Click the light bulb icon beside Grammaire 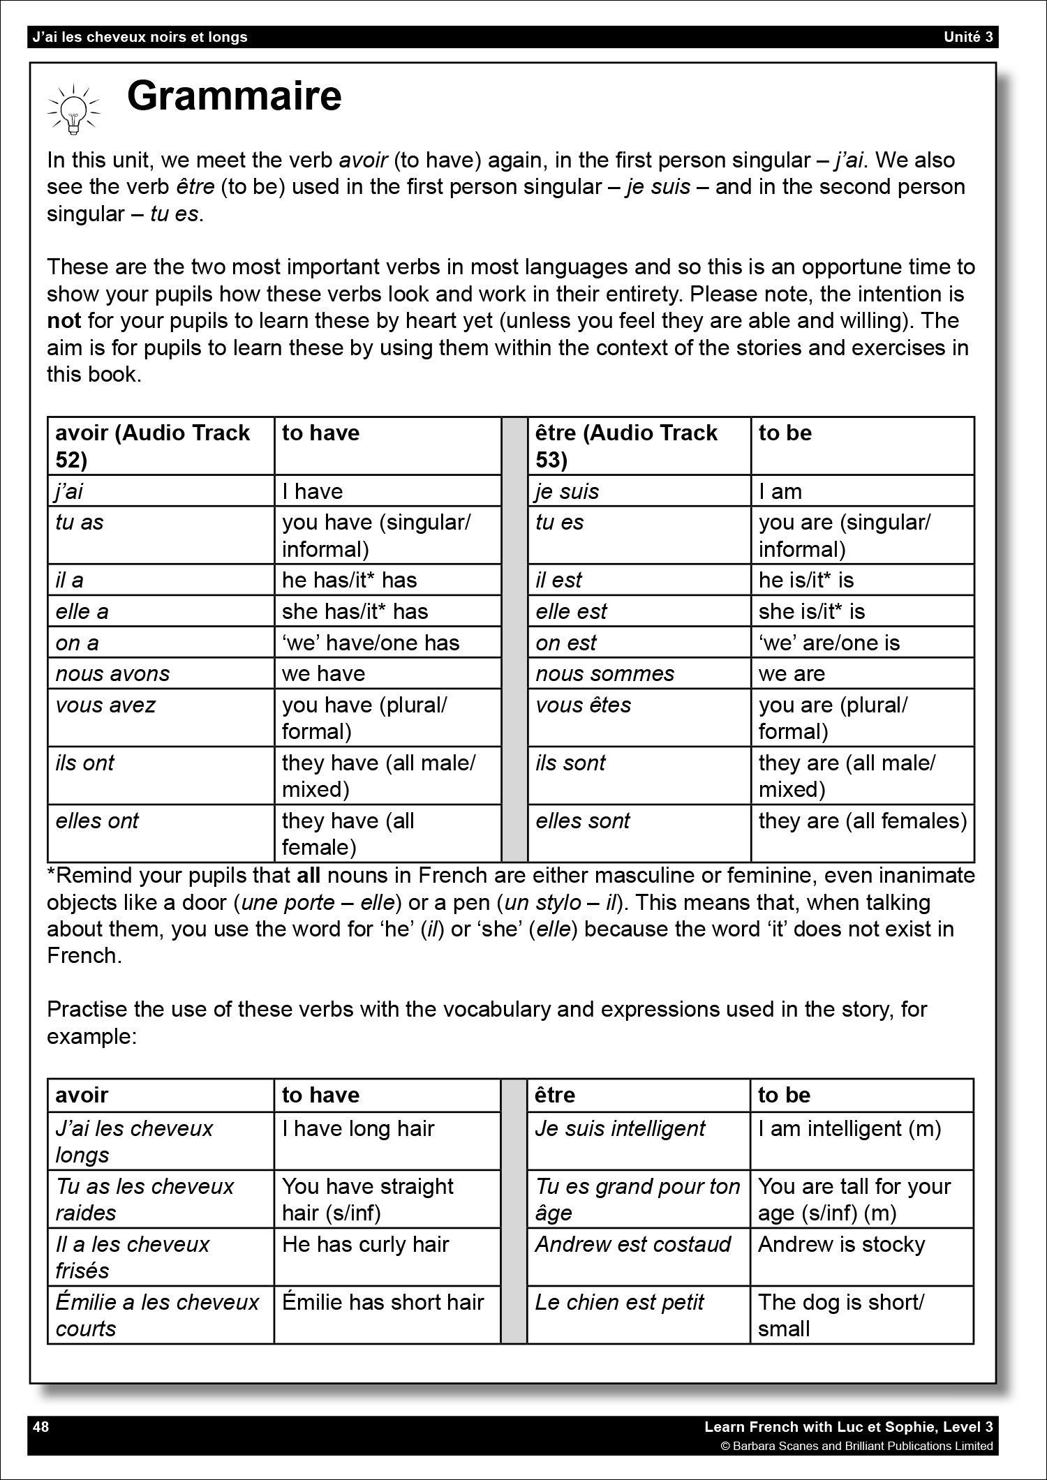[x=73, y=109]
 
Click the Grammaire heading [x=234, y=96]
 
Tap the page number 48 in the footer [x=41, y=1426]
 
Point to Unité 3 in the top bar [x=968, y=37]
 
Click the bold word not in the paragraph [x=64, y=321]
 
